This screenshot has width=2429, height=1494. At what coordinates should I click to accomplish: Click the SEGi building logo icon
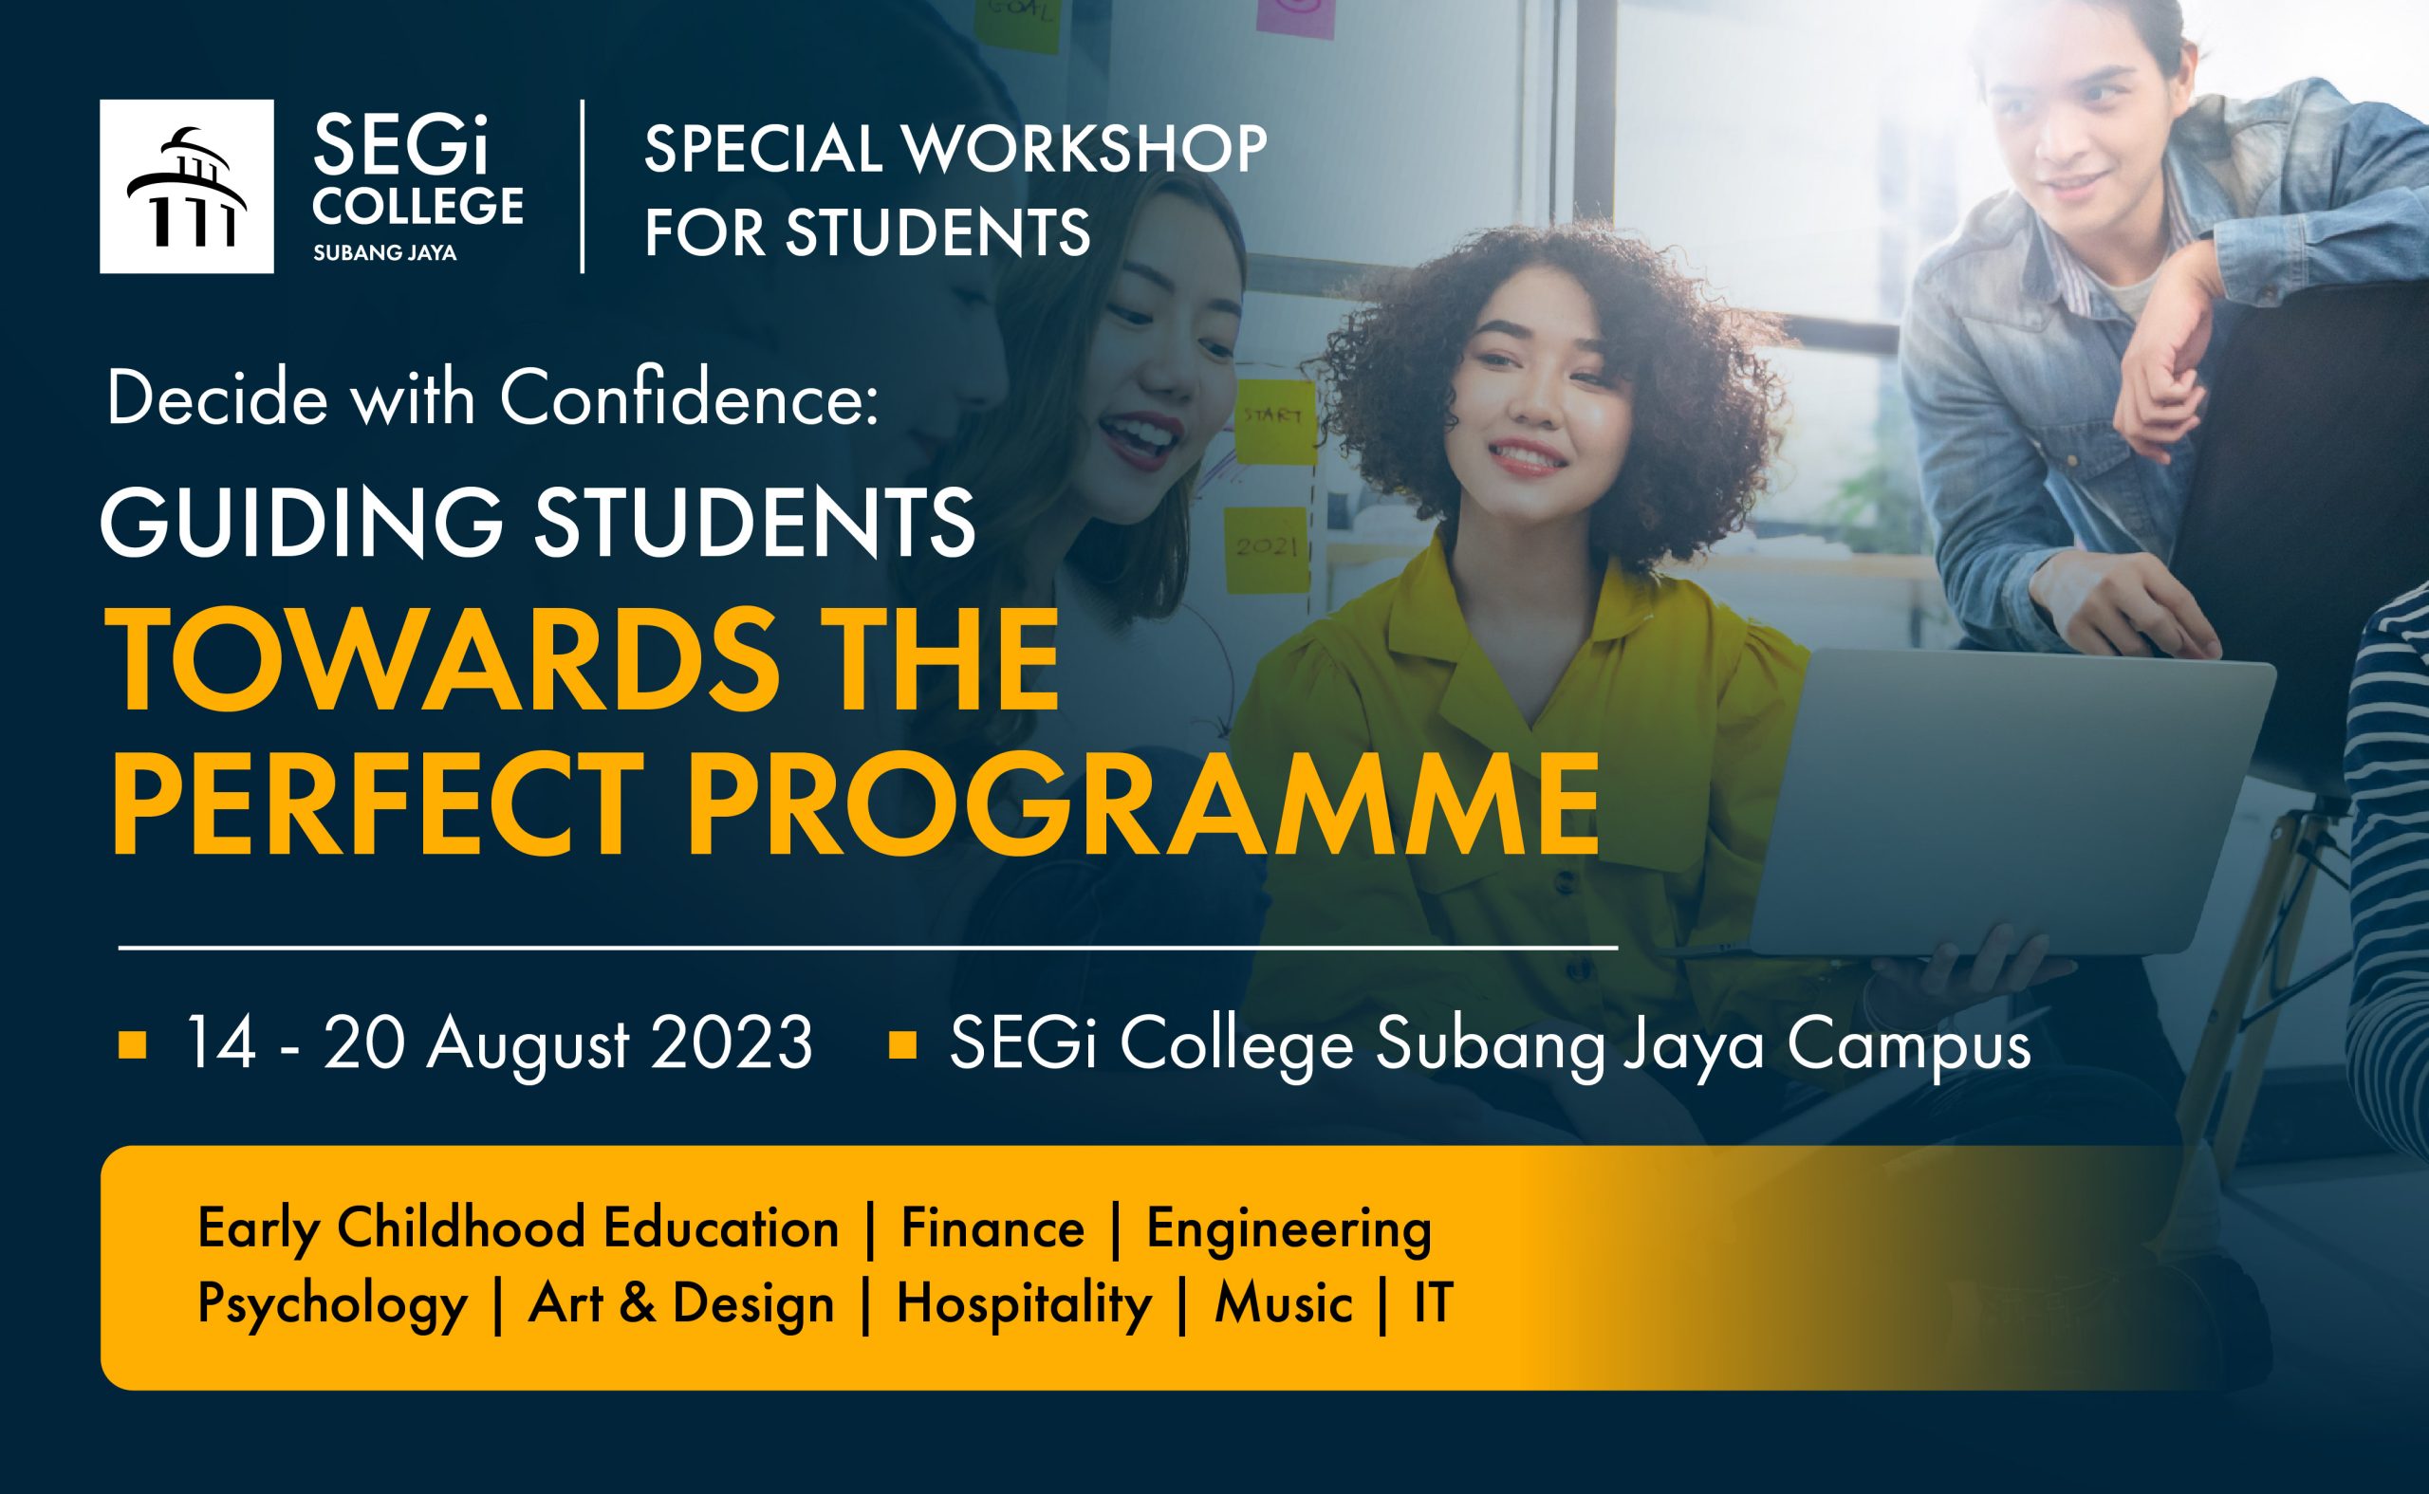187,186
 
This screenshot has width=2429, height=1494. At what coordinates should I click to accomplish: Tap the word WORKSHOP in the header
1085,148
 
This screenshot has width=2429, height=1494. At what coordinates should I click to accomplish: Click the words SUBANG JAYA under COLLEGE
384,253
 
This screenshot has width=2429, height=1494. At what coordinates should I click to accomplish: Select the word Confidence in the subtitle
689,398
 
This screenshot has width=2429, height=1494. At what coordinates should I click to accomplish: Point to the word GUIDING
303,522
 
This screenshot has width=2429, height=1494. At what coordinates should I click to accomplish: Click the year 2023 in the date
732,1042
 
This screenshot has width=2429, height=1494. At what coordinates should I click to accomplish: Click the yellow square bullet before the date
133,1045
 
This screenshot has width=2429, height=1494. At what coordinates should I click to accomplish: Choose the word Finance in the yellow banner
992,1229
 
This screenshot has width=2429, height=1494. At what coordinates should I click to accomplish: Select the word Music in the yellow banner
1283,1303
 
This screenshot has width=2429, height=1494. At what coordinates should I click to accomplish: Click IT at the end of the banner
1433,1303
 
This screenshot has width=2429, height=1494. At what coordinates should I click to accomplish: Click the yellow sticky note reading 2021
1267,550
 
